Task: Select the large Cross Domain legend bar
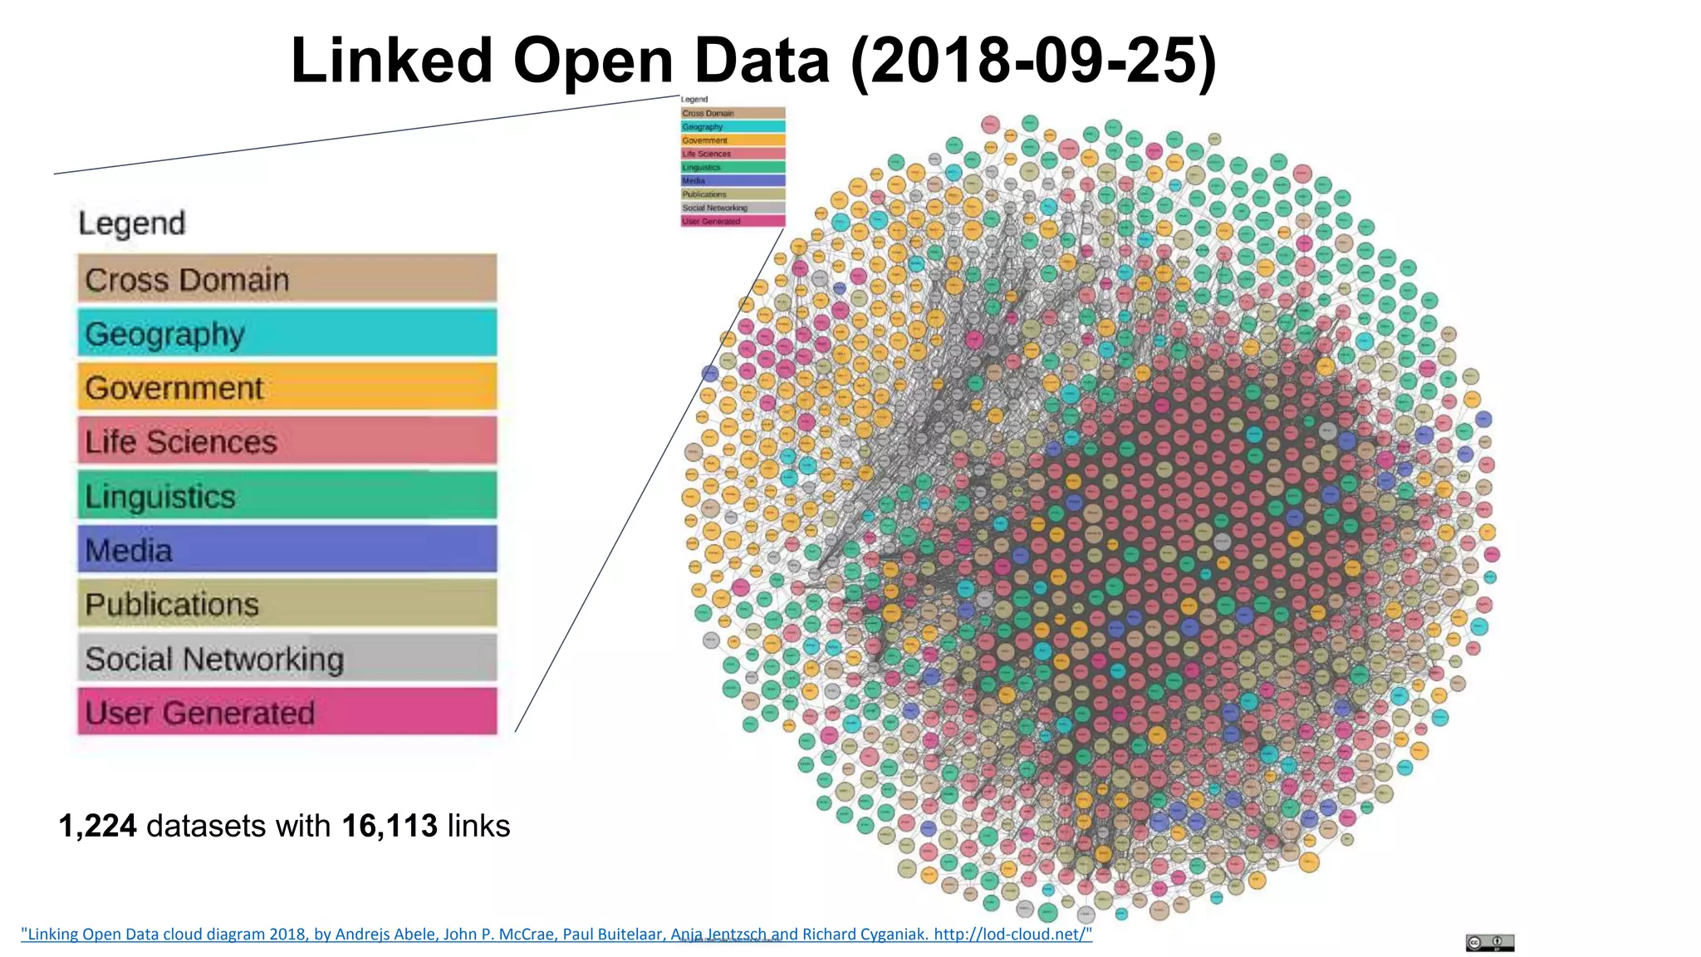[287, 279]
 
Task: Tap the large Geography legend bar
[287, 333]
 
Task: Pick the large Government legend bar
[287, 387]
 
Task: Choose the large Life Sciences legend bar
[287, 441]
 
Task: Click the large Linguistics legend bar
[287, 495]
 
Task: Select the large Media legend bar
[287, 549]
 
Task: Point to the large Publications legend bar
[287, 603]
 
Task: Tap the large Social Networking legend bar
[287, 658]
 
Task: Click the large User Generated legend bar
[287, 712]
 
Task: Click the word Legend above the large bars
[131, 223]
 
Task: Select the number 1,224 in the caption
[97, 826]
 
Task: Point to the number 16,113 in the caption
[389, 826]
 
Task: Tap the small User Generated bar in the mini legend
[733, 221]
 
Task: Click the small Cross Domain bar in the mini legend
[733, 113]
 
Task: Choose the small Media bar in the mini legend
[733, 180]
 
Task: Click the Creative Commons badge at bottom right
[1489, 943]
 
